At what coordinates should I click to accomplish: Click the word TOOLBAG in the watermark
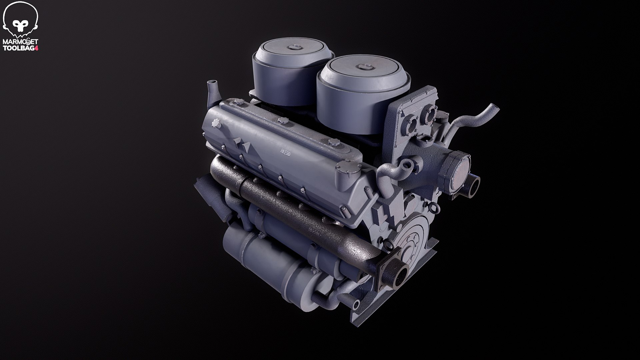click(x=19, y=48)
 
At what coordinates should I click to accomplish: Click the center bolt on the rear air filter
click(x=294, y=47)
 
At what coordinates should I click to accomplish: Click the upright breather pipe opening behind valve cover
click(x=211, y=83)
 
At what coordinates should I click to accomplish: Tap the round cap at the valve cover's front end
click(x=348, y=165)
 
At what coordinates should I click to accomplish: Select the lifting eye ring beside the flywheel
click(x=389, y=246)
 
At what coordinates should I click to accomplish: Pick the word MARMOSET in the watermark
click(x=20, y=41)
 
